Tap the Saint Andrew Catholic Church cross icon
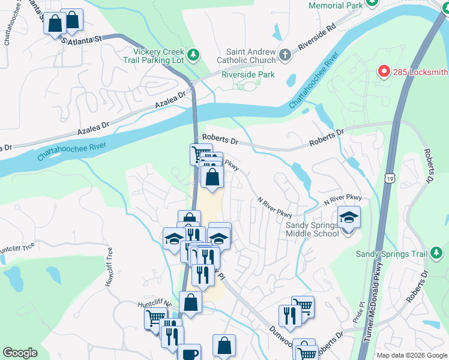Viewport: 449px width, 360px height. [x=285, y=56]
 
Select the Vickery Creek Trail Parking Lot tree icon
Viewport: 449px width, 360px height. [x=193, y=56]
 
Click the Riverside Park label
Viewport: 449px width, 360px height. [x=248, y=75]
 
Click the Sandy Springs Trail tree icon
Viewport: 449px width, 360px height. [x=438, y=254]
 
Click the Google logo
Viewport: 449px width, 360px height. [x=20, y=353]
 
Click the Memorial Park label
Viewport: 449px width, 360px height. [x=336, y=5]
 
